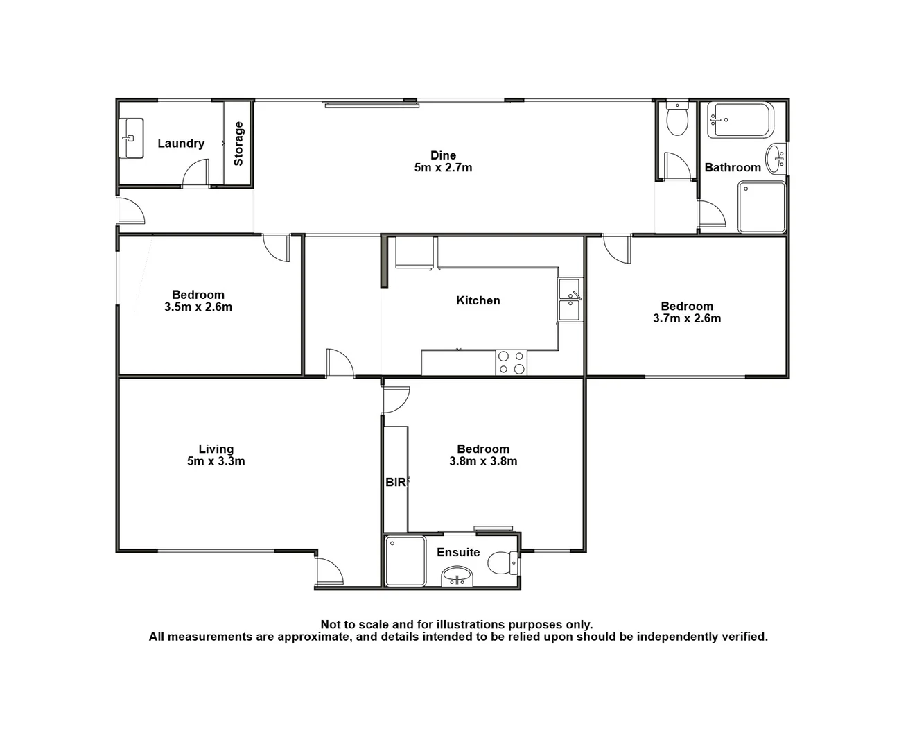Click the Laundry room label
click(181, 144)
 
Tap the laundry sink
click(131, 138)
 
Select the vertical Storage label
click(238, 144)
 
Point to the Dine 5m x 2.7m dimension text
click(443, 168)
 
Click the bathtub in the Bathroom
click(740, 121)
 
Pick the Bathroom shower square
click(762, 207)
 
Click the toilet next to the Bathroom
click(676, 119)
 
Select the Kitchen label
click(478, 300)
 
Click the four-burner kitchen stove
click(512, 363)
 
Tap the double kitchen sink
click(570, 300)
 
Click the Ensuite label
click(458, 552)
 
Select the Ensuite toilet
click(502, 562)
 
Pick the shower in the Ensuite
click(405, 560)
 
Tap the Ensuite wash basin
click(457, 575)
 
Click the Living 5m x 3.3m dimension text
click(216, 461)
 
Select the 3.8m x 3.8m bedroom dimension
click(483, 461)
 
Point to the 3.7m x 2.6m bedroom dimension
click(687, 318)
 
